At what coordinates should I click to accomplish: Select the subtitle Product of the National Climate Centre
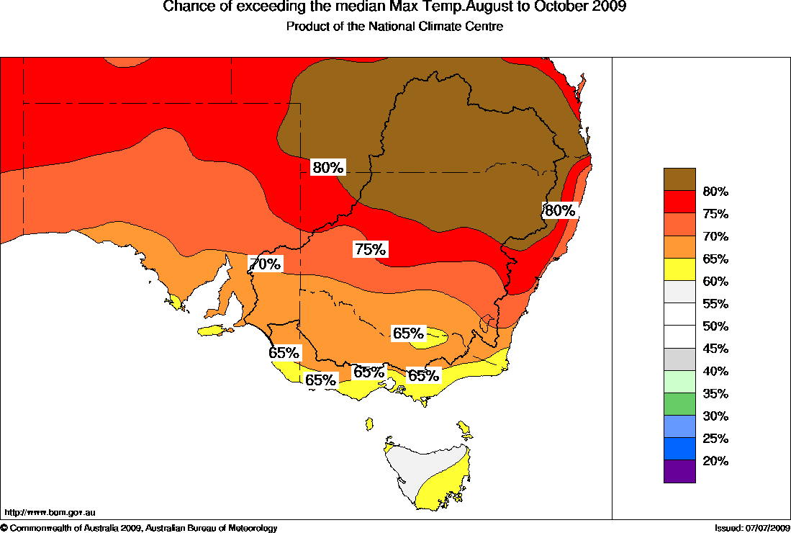click(394, 27)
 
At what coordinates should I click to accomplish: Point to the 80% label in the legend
click(716, 192)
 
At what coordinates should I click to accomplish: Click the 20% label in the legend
click(716, 461)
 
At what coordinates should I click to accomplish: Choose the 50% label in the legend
click(716, 326)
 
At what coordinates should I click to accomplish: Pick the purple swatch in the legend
click(679, 471)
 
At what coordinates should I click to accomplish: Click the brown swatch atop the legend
click(679, 179)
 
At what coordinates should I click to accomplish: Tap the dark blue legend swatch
click(679, 449)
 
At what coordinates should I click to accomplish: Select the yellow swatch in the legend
click(679, 269)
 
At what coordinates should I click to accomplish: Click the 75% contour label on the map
click(371, 250)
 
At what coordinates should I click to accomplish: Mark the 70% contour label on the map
click(265, 264)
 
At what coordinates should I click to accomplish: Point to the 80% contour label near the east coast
click(560, 210)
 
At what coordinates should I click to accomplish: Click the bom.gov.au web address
click(50, 513)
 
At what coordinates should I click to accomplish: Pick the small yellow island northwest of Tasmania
click(370, 423)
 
